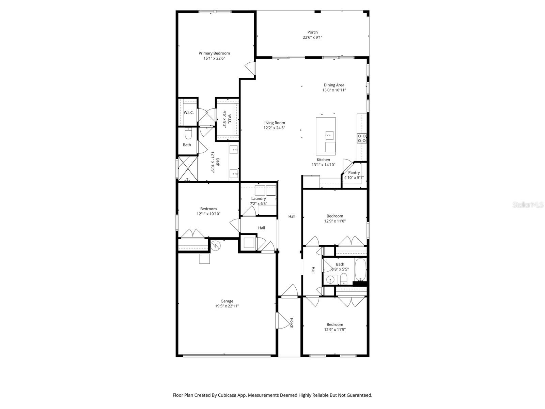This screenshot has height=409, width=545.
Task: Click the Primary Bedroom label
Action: click(214, 53)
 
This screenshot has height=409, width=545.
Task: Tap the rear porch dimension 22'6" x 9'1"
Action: click(312, 37)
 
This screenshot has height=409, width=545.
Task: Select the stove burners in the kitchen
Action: click(361, 138)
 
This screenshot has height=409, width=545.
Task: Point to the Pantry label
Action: click(354, 172)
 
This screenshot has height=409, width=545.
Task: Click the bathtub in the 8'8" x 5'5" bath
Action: click(360, 269)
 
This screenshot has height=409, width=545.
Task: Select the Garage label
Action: click(227, 301)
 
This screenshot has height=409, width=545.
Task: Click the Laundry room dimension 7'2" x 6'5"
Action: click(259, 204)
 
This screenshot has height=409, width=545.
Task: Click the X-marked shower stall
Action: click(188, 168)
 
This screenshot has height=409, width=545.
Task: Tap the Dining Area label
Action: click(334, 85)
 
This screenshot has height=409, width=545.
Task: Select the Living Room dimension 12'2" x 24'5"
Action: click(274, 128)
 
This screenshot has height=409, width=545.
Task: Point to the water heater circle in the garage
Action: click(215, 245)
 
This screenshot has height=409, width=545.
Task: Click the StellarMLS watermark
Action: click(527, 205)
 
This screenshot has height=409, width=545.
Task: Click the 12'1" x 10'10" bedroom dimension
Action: click(208, 214)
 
